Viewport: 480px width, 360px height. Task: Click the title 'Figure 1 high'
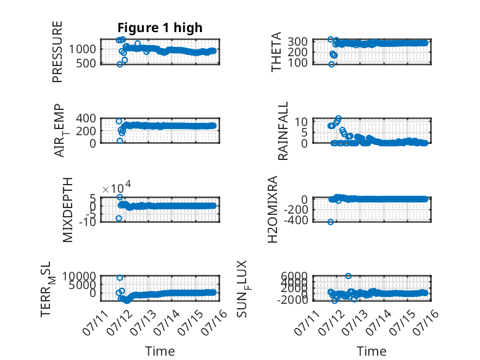click(160, 28)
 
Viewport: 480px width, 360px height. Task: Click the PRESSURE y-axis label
click(57, 52)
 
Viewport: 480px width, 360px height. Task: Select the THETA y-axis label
click(276, 52)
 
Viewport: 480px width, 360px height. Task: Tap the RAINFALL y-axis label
click(283, 131)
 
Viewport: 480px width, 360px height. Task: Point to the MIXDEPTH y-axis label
click(68, 210)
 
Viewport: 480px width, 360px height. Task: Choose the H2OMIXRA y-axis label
click(273, 209)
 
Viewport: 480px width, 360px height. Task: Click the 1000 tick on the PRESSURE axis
click(82, 49)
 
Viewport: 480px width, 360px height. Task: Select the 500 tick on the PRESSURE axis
click(86, 63)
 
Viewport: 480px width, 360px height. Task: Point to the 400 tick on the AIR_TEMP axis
click(86, 118)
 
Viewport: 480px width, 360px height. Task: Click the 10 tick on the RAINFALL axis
click(301, 122)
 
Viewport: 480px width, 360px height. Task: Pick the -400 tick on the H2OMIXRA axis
click(296, 220)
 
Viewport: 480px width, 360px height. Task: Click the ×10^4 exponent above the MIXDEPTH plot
click(117, 187)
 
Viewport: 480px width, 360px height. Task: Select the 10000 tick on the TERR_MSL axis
click(79, 277)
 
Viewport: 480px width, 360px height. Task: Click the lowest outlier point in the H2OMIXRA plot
click(331, 222)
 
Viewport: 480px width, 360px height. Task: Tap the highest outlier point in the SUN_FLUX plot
click(348, 276)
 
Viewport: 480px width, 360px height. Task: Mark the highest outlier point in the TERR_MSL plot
click(120, 278)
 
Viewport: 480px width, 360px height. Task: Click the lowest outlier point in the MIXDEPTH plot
click(119, 218)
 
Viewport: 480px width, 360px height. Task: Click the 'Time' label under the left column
click(160, 351)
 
